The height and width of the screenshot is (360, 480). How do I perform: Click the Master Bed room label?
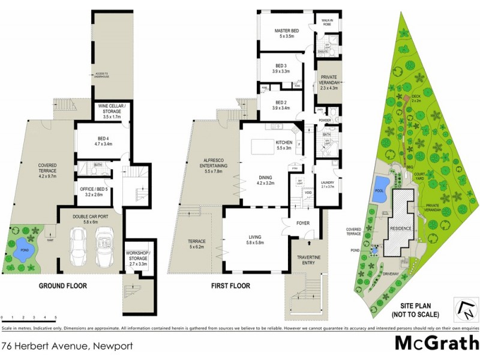point(286,34)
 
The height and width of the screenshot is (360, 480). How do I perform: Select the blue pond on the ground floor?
point(24,253)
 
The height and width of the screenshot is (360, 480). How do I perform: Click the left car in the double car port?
point(77,248)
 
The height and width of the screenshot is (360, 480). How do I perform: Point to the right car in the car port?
point(104,248)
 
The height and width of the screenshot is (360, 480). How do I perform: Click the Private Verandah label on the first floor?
point(329,82)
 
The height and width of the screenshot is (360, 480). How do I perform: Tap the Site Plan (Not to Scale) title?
point(415,310)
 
